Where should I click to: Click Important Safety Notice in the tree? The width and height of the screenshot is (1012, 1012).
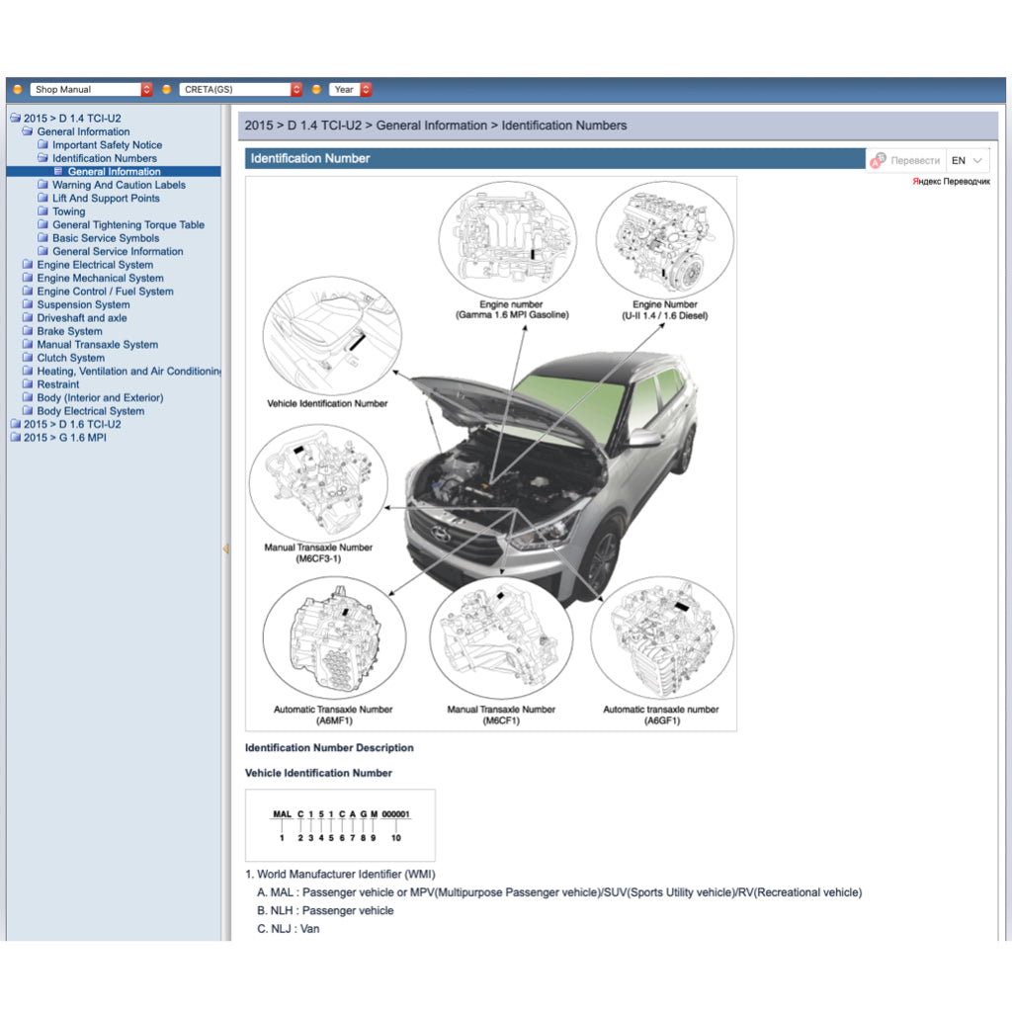coord(107,145)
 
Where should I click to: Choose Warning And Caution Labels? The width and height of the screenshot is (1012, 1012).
coord(119,185)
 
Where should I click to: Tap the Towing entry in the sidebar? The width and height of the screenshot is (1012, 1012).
coord(68,211)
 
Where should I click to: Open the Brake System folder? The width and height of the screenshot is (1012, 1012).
coord(69,331)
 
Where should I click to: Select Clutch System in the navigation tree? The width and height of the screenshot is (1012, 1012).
coord(70,358)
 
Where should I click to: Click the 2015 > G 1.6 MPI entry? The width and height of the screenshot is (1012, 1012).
coord(64,438)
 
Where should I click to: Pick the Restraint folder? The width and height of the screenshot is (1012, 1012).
coord(58,384)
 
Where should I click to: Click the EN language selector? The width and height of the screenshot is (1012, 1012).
coord(967,160)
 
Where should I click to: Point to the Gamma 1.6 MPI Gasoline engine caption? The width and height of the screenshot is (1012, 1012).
coord(511,310)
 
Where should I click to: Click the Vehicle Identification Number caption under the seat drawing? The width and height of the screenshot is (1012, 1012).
coord(327,403)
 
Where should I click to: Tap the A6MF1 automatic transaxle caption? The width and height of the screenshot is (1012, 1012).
coord(333,715)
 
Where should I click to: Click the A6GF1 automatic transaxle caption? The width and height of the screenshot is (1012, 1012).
coord(661,715)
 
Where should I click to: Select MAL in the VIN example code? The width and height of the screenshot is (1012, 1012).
coord(282,814)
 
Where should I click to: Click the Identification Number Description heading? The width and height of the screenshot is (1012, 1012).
coord(329,748)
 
